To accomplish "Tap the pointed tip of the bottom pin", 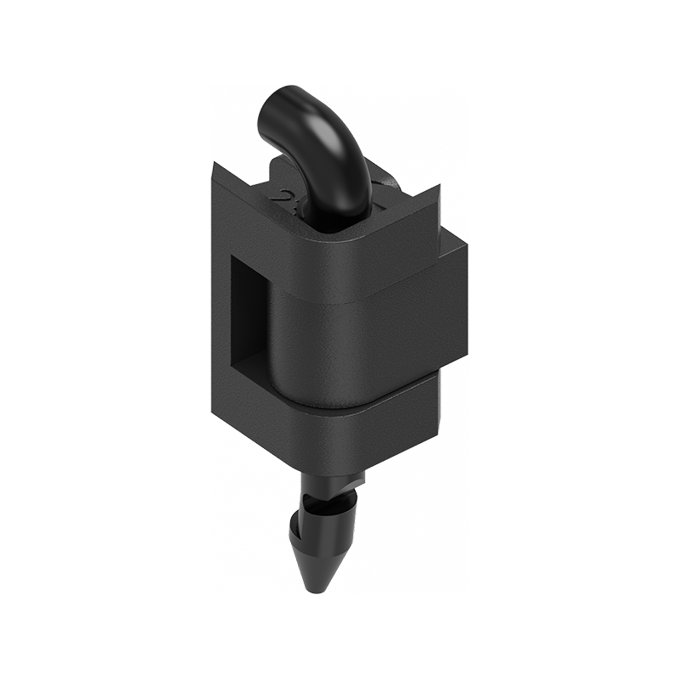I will coord(312,586).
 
